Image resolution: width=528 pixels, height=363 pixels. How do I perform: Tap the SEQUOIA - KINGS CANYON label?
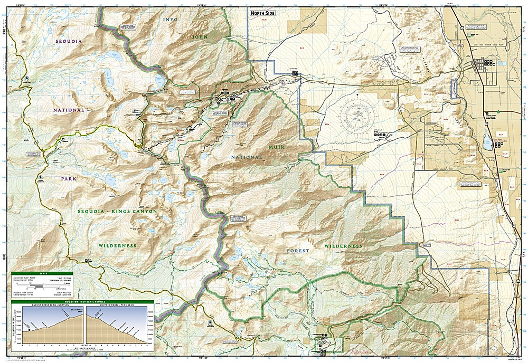(x=118, y=211)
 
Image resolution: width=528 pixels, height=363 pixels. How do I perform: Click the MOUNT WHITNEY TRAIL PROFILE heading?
(x=82, y=302)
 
